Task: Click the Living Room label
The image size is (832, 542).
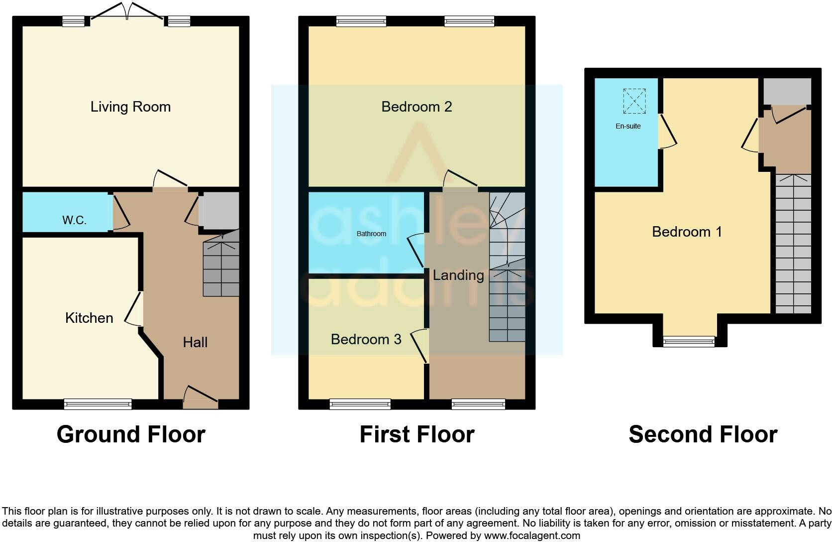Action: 130,107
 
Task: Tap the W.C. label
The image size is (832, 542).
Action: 74,220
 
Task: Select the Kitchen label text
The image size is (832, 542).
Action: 89,318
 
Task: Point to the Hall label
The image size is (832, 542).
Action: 195,342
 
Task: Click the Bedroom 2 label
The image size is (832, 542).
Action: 416,107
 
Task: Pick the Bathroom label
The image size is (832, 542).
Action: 371,234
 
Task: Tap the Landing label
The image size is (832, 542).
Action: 458,275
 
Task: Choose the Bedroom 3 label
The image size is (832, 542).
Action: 366,339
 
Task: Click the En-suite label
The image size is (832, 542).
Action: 628,126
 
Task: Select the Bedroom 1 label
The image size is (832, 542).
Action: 687,232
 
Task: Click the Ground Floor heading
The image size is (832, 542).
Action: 131,434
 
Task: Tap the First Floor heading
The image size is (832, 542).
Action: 417,434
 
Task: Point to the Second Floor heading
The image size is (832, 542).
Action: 703,434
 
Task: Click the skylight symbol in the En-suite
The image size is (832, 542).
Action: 634,101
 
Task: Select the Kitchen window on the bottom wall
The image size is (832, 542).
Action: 98,404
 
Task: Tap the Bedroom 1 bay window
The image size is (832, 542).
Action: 689,341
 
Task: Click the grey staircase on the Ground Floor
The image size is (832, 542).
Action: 221,269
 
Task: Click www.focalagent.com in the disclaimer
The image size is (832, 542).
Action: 532,536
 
